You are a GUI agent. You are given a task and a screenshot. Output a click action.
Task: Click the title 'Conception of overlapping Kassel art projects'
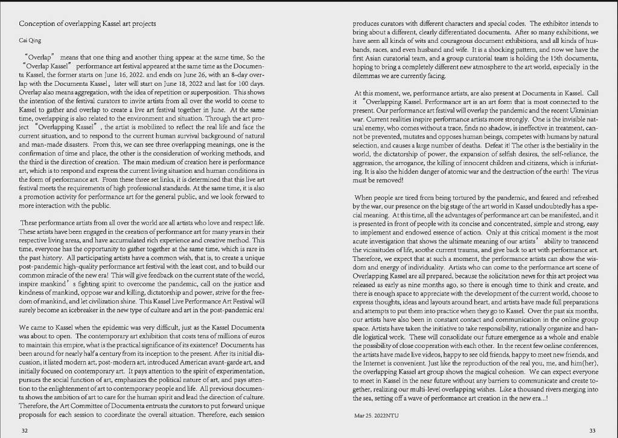(x=88, y=24)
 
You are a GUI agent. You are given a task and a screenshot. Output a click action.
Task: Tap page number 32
(x=24, y=430)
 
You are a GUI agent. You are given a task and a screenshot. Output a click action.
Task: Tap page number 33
(x=592, y=430)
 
